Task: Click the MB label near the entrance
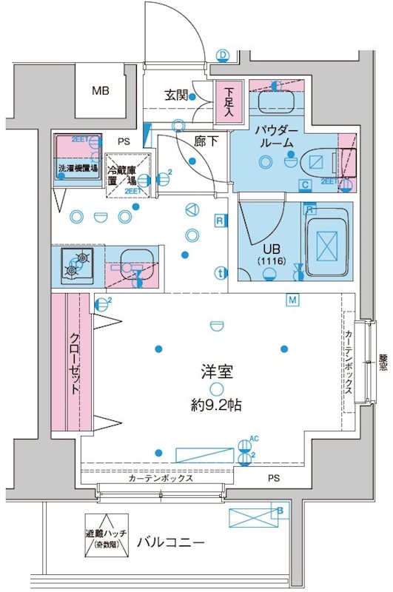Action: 99,91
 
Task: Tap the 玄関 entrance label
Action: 176,95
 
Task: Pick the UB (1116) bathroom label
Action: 265,256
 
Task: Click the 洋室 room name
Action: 215,372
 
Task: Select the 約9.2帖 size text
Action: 215,406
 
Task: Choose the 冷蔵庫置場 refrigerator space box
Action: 128,175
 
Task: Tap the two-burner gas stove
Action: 78,264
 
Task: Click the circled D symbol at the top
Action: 222,53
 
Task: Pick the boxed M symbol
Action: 293,300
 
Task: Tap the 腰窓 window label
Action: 383,366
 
